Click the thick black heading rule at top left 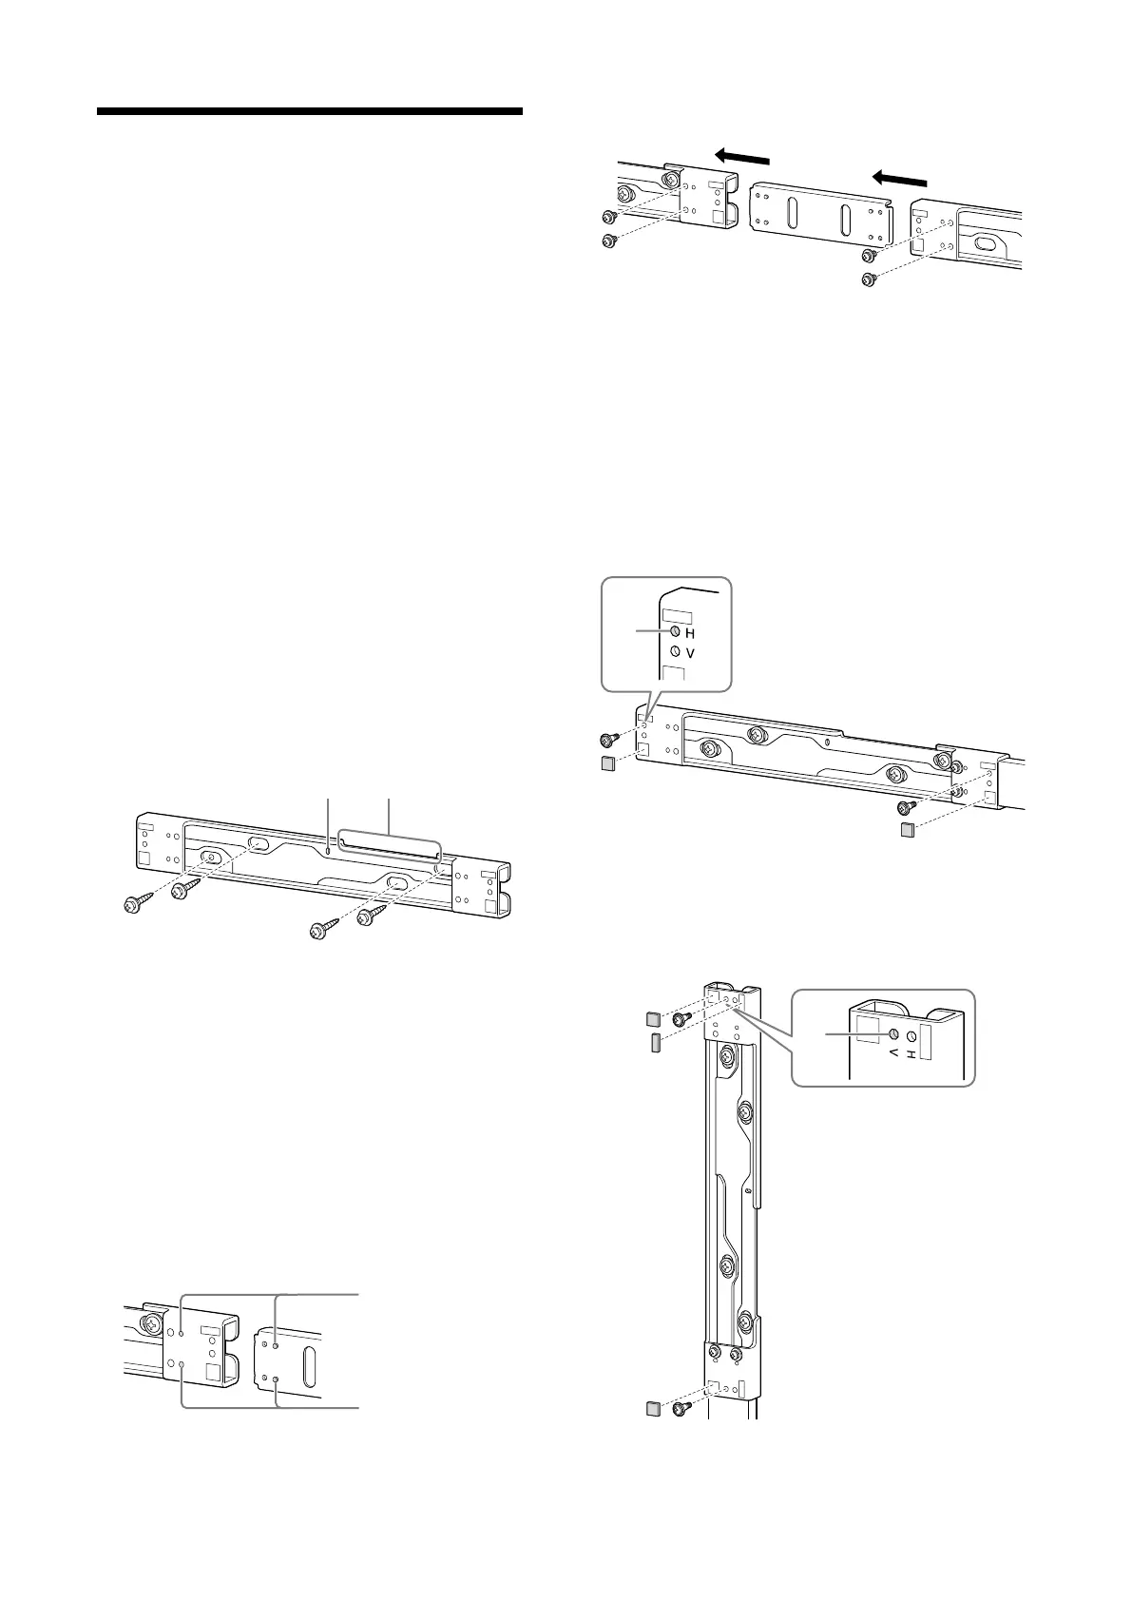click(x=310, y=111)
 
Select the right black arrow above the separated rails click(x=898, y=177)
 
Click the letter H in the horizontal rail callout click(x=691, y=633)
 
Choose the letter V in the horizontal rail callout click(x=691, y=654)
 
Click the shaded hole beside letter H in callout click(x=675, y=632)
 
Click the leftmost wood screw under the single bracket click(x=134, y=905)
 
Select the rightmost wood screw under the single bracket click(x=368, y=918)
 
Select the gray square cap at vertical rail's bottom click(x=653, y=1408)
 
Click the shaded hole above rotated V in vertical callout click(x=894, y=1034)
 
